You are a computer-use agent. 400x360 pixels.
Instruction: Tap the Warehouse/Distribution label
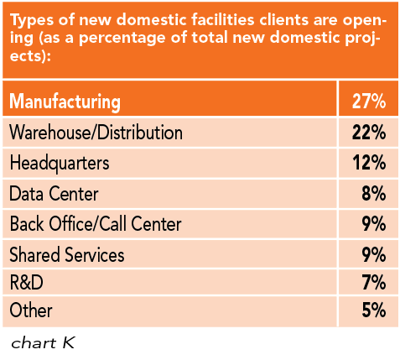pos(96,133)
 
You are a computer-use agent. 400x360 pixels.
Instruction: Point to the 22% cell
pos(368,133)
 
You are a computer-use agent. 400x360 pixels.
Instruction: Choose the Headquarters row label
pos(59,163)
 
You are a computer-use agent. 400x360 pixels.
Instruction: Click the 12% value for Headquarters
pos(368,163)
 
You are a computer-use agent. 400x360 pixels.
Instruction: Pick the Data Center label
pos(54,194)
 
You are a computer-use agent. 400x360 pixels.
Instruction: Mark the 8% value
pos(373,194)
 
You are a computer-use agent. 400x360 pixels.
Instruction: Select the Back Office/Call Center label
pos(96,224)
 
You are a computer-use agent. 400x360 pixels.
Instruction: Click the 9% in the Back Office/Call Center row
pos(373,224)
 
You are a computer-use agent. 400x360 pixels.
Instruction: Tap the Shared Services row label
pos(67,254)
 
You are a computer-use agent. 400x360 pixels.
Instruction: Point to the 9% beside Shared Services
pos(373,254)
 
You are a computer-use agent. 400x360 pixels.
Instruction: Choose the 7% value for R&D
pos(373,282)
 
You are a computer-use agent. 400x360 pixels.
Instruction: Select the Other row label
pos(31,310)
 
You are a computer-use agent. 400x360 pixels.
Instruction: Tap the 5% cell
pos(373,310)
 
